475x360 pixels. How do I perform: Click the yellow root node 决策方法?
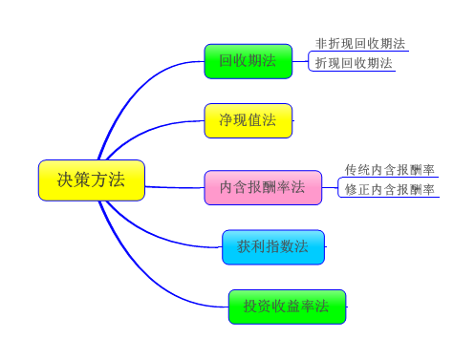coord(92,180)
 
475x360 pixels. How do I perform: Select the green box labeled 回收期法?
coord(248,61)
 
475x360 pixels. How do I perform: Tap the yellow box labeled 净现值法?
coord(248,120)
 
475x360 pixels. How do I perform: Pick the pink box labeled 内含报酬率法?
coord(263,187)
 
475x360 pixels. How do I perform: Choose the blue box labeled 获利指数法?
coord(272,246)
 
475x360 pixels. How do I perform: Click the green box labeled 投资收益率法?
coord(287,307)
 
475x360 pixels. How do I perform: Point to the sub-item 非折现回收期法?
coord(360,44)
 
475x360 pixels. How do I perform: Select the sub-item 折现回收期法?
coord(354,63)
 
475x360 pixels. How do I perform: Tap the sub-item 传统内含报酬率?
coord(390,170)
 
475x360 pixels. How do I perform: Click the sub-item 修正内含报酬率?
coord(390,189)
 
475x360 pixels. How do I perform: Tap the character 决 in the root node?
coord(65,180)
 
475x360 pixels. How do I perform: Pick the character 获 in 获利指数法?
coord(245,246)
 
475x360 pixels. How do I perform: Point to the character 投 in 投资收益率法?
coord(250,307)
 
